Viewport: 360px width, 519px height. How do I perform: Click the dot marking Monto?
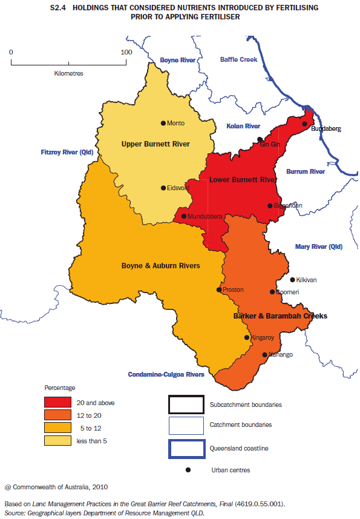[163, 123]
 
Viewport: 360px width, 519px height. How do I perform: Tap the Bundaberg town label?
[326, 129]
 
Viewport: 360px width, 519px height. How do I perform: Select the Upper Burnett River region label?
[155, 144]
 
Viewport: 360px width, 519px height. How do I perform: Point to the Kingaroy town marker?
[247, 337]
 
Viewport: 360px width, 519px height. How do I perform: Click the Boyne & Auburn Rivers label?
[161, 265]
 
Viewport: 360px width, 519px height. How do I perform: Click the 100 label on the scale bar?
[126, 52]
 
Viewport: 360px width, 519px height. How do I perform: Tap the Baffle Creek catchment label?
[238, 59]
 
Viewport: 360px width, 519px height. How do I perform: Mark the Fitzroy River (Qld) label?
[67, 152]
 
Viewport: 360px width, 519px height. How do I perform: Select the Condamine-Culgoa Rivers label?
[166, 375]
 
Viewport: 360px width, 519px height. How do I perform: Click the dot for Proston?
[219, 290]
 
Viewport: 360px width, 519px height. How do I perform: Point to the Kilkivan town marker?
[292, 280]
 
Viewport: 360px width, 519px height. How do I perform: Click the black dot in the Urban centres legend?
[188, 469]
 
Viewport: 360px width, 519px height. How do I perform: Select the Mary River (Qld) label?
[318, 246]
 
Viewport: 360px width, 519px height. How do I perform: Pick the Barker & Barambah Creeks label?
[280, 316]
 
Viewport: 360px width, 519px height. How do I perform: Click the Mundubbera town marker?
[183, 216]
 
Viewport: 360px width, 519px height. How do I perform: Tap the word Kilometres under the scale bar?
[68, 73]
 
